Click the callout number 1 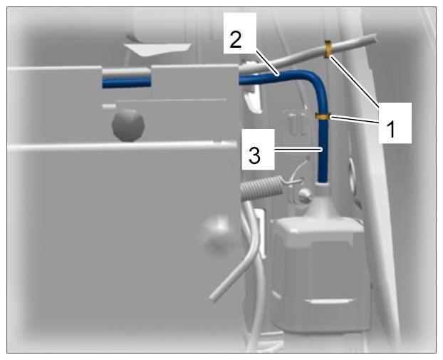391,129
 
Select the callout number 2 236,40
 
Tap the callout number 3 254,155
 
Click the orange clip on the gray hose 328,48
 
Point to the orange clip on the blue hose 323,116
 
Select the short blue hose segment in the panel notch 127,83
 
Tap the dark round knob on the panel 128,125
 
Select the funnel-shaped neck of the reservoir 323,201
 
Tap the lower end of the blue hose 323,181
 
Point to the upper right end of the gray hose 375,38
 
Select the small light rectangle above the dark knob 109,106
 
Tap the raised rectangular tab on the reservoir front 329,302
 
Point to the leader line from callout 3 298,149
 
